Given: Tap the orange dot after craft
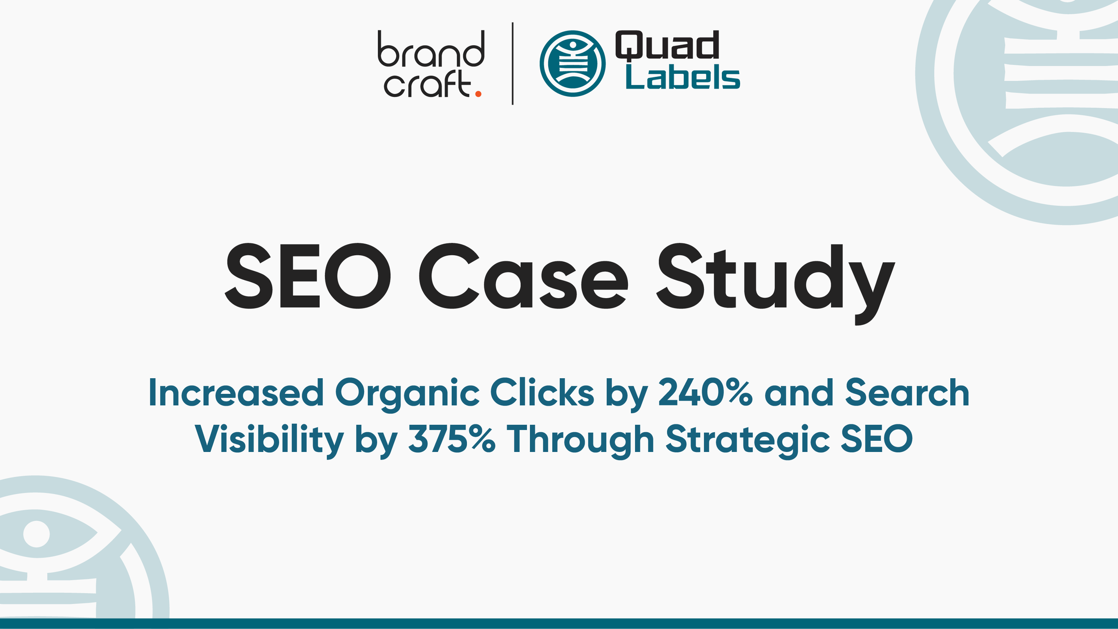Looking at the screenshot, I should [x=478, y=94].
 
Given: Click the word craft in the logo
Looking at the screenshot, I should [x=427, y=84].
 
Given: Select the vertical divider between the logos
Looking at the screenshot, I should [x=512, y=63].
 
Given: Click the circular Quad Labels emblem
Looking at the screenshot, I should [x=572, y=63].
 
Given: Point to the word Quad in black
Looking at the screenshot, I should [x=667, y=46].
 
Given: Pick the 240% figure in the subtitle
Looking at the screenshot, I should [x=705, y=393].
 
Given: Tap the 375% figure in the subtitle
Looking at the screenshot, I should [x=452, y=439].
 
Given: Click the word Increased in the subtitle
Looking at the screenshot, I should [x=236, y=393].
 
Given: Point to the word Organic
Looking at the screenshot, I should [x=407, y=394].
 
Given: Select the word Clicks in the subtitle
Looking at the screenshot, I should [x=542, y=393].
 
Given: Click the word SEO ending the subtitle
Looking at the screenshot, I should [x=877, y=439].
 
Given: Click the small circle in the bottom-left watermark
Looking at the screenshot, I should [x=36, y=534].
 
